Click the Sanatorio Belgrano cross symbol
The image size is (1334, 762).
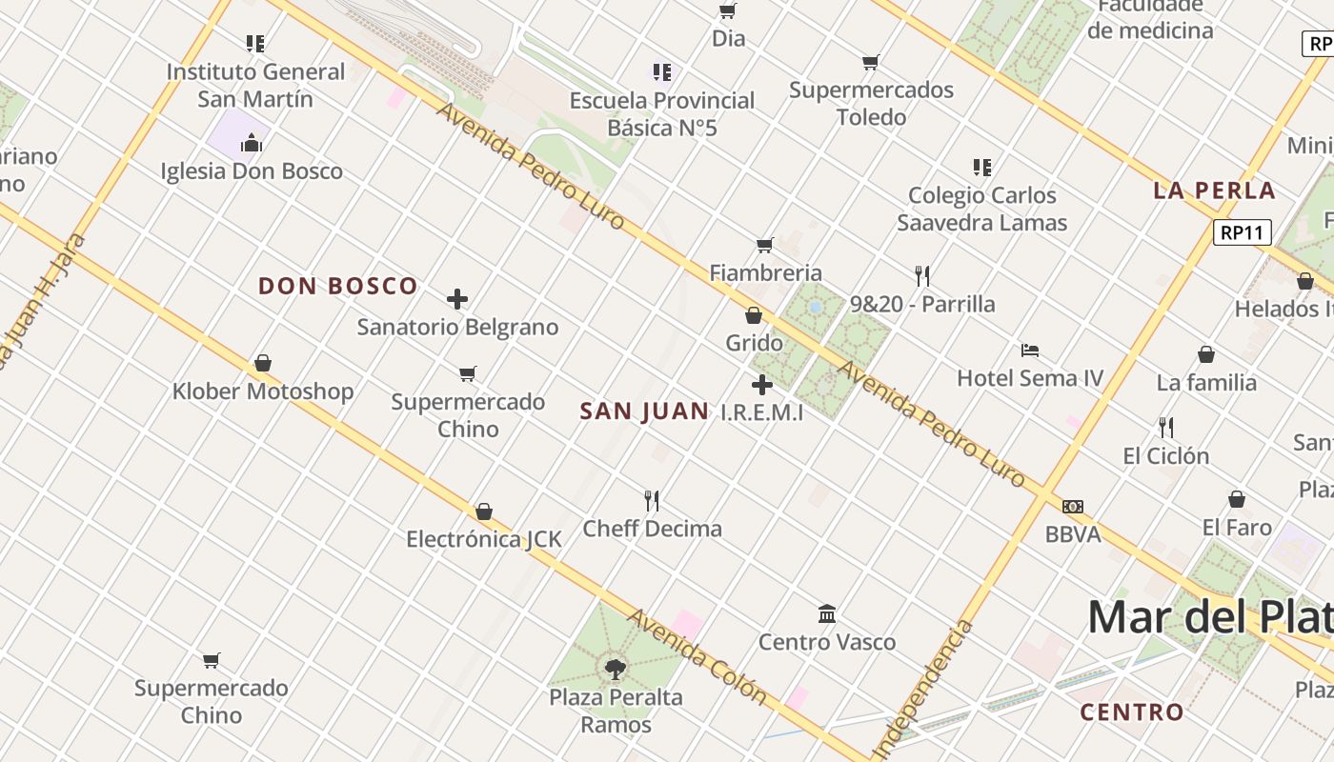[457, 299]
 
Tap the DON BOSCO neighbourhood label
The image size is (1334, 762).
[338, 286]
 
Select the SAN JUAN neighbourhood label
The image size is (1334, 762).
[644, 411]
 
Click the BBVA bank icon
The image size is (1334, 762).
[1073, 507]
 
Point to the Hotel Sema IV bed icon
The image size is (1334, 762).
[1030, 351]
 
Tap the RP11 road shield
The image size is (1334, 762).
[1243, 232]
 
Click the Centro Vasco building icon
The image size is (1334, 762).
[827, 614]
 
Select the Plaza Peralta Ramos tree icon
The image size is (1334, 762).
[616, 669]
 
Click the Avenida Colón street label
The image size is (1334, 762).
[697, 657]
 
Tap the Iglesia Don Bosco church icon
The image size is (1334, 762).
[252, 143]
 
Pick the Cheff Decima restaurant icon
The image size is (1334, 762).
[652, 500]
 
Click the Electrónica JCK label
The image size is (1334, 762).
[484, 539]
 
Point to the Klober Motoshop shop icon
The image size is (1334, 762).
[263, 363]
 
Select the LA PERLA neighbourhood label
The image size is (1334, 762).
[1214, 190]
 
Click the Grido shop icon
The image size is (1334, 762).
[754, 315]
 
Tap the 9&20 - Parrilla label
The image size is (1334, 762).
[922, 305]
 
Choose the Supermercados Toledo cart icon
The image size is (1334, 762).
[870, 63]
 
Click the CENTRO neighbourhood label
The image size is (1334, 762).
[1132, 712]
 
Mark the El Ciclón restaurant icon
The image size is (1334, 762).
[1165, 427]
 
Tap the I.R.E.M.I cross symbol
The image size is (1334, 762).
[762, 385]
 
